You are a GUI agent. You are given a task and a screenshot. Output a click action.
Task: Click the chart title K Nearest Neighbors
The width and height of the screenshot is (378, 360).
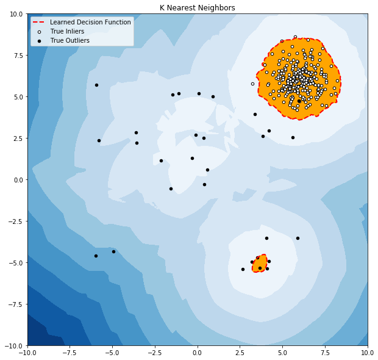[197, 8]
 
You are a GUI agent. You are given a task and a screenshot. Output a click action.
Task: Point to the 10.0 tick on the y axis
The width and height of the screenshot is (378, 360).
[16, 14]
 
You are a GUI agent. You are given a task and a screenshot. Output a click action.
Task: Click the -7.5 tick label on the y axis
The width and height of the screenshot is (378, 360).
[15, 304]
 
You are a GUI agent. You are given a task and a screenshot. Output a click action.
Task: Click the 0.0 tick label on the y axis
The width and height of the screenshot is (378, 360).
[18, 180]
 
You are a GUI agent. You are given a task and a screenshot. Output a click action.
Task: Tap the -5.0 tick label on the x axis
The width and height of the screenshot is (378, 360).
[112, 353]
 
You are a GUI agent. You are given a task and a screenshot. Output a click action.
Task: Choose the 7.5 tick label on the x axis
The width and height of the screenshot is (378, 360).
[325, 353]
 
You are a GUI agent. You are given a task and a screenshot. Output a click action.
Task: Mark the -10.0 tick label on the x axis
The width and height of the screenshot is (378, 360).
[27, 353]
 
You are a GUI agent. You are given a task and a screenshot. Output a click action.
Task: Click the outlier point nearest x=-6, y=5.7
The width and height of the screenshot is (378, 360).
[96, 85]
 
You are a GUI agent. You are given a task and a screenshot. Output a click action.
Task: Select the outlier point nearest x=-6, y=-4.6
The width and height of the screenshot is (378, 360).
[96, 256]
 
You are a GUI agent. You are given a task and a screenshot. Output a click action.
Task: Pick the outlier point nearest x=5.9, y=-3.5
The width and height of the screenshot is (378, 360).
[298, 238]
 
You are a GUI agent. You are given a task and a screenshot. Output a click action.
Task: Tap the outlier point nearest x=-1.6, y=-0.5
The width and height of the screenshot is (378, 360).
[171, 189]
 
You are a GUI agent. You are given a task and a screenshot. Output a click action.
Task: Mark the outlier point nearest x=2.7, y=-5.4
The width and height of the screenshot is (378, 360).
[243, 269]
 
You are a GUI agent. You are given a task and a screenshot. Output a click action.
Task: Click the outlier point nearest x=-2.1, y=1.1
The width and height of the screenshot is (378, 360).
[161, 160]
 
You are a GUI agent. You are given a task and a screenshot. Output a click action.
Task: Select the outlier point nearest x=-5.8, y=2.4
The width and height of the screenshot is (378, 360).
[99, 140]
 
